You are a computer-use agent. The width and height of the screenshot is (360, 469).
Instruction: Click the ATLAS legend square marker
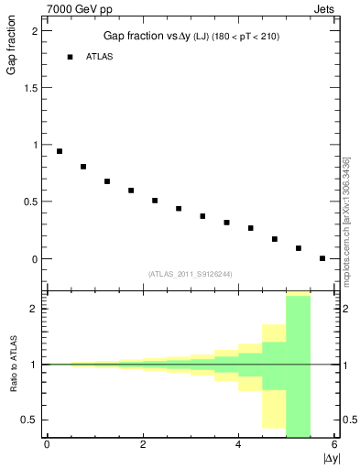[x=70, y=57]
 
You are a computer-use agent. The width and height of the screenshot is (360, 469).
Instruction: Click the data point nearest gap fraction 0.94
[x=60, y=151]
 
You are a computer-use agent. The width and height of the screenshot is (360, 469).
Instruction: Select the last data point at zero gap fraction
[x=322, y=258]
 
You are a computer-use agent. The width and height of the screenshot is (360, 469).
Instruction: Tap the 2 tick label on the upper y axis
[x=34, y=30]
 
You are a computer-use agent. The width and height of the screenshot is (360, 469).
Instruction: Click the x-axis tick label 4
[x=238, y=444]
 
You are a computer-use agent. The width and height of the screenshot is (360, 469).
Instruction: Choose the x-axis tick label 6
[x=334, y=444]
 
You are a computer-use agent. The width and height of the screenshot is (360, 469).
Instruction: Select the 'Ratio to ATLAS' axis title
[x=12, y=364]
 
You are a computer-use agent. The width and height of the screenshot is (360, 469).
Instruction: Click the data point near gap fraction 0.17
[x=275, y=239]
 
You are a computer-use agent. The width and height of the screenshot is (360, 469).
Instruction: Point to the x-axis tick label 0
[x=46, y=444]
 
